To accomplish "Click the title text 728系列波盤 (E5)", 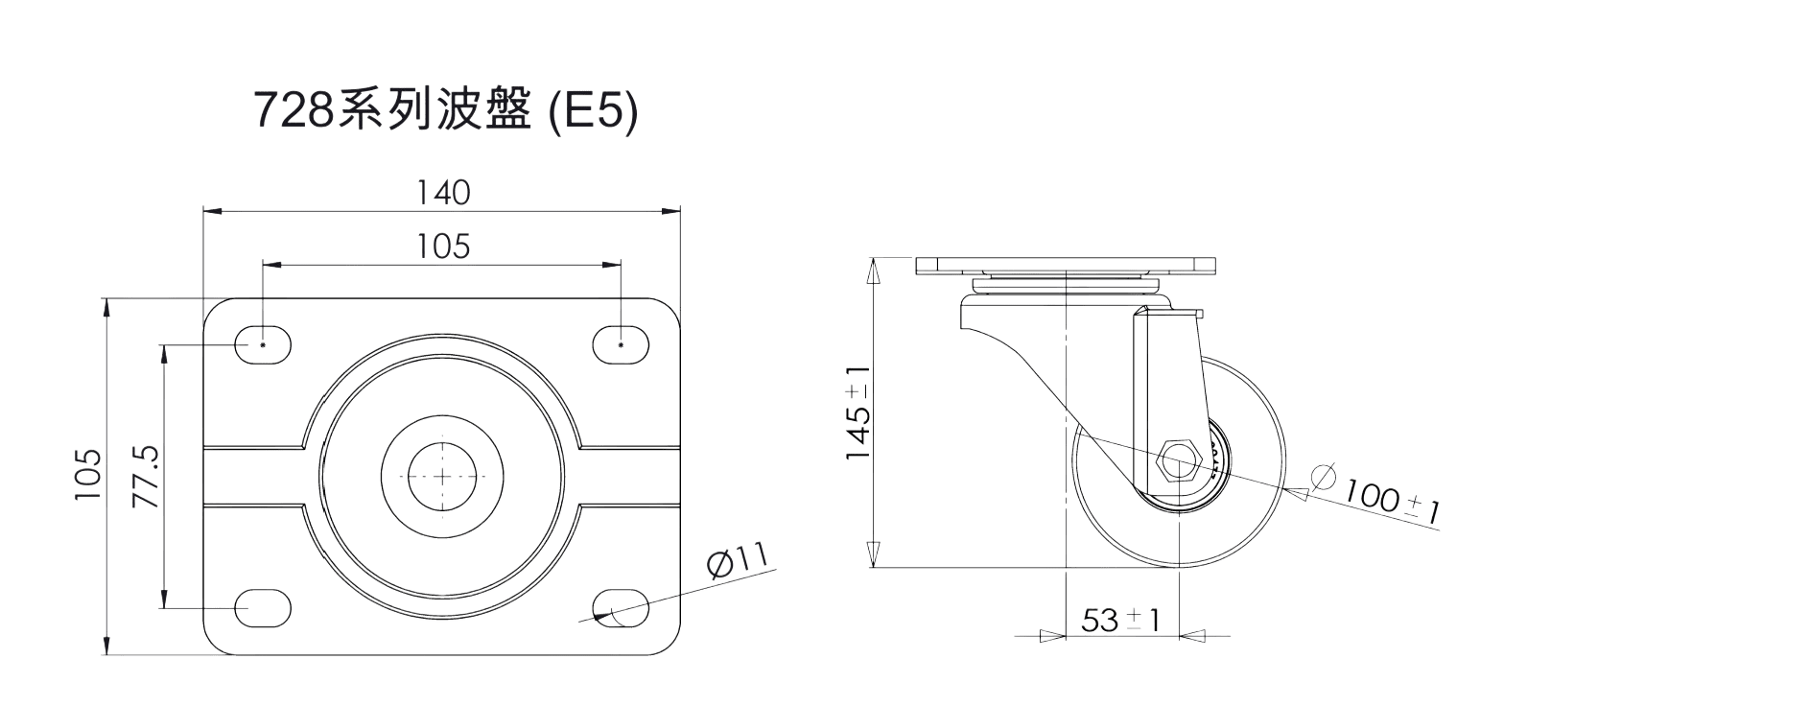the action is (x=445, y=111).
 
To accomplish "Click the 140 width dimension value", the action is (x=443, y=193).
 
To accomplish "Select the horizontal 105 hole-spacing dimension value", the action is (x=443, y=247).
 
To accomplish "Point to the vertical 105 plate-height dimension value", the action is (x=87, y=474).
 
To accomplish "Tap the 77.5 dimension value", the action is (x=145, y=476).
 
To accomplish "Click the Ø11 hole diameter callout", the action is (x=738, y=560).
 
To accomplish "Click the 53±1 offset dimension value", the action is (x=1121, y=621).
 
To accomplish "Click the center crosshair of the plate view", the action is (x=441, y=476).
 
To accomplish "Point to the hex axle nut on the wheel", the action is (x=1178, y=462).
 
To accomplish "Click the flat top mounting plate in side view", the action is (x=1066, y=266).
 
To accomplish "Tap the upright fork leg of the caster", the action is (x=1166, y=398).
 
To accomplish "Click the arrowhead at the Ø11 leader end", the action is (x=604, y=616).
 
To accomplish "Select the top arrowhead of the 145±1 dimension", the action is (x=873, y=270).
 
